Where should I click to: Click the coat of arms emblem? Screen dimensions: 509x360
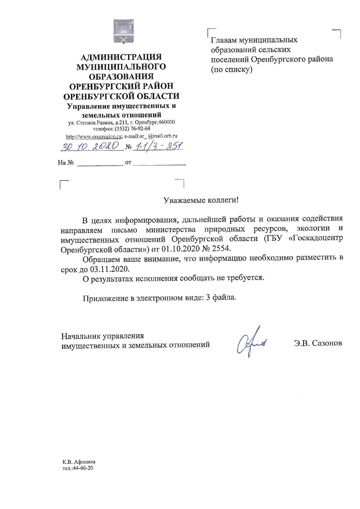coord(123,31)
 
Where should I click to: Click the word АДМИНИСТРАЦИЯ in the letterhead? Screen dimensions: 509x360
coord(121,57)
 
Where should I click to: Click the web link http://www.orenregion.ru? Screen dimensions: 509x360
coord(94,136)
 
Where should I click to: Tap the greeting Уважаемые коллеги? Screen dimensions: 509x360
coord(201,200)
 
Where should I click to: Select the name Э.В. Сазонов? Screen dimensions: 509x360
coord(318,343)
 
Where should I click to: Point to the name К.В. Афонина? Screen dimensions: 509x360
coord(79,462)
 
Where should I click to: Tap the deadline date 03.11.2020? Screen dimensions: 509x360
coord(109,269)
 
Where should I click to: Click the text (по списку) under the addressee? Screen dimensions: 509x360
coord(232,70)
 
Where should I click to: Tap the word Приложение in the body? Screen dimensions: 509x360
coord(106,298)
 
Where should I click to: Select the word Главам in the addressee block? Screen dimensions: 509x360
coord(223,40)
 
